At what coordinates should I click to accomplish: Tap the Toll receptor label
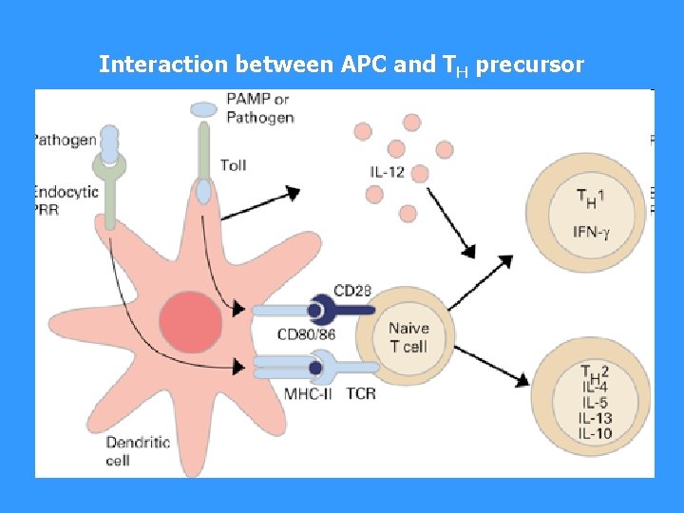click(234, 165)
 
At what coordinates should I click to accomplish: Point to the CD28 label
click(352, 290)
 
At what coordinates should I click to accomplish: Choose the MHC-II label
click(308, 393)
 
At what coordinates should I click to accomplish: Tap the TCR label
click(361, 393)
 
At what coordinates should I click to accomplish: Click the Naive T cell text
click(408, 337)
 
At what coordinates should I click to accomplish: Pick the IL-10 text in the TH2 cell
click(594, 434)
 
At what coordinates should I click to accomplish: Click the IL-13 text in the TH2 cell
click(594, 419)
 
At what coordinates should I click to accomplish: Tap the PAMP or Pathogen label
click(258, 108)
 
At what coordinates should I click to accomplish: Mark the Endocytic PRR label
click(66, 200)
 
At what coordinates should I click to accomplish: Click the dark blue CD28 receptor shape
click(329, 310)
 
